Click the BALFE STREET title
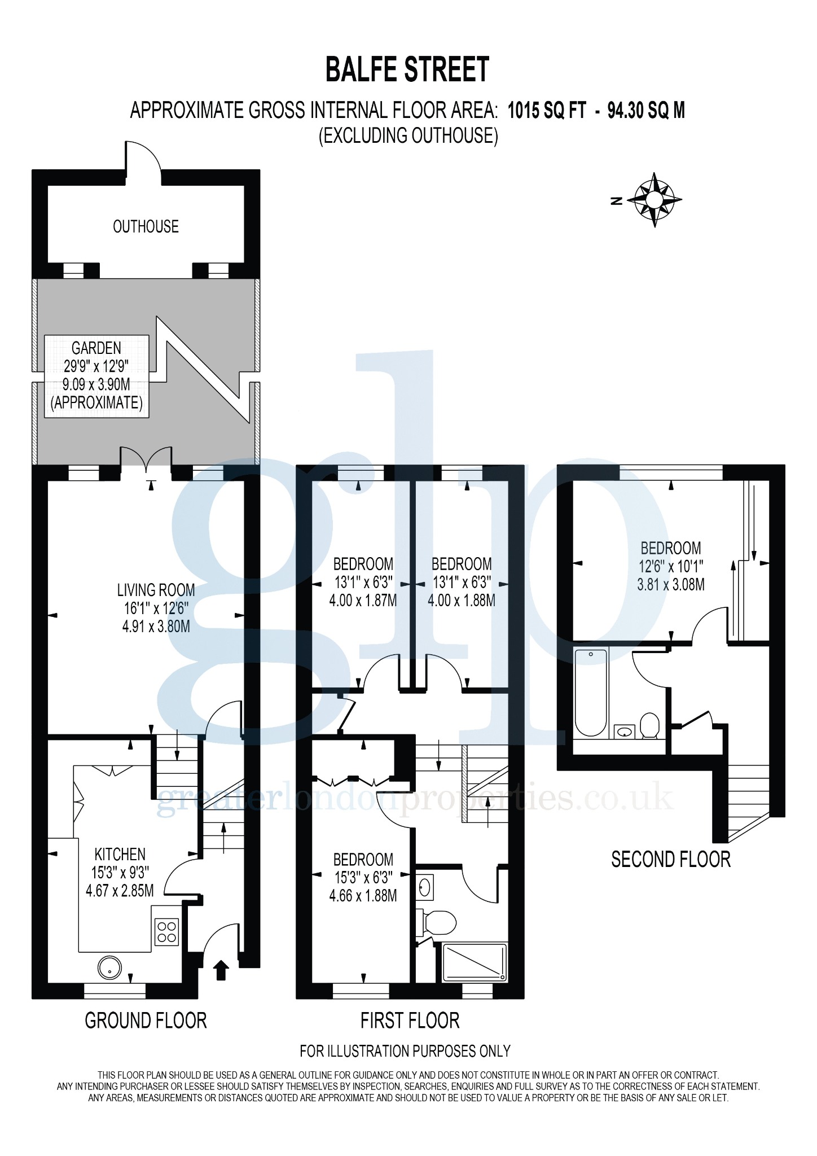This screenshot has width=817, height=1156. pos(407,70)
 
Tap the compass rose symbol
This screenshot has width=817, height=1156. pos(654,200)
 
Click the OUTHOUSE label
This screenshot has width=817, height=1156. pos(146,227)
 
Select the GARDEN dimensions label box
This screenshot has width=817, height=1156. pos(96,376)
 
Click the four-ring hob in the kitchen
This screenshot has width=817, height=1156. pos(167,932)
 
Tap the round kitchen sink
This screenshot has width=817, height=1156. pos(109,967)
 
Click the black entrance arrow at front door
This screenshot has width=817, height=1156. pos(221,970)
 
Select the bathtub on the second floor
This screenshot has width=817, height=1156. pos(591,693)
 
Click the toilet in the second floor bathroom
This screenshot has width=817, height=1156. pos(650,725)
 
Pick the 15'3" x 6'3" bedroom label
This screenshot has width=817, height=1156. pos(363,878)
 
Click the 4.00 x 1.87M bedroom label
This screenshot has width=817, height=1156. pos(363,582)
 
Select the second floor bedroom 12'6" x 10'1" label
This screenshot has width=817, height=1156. pos(671,566)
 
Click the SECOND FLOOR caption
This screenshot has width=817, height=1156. pos(671,859)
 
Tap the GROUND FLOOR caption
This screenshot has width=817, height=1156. pos(146,1021)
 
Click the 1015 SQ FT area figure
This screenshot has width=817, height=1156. pos(547,111)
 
